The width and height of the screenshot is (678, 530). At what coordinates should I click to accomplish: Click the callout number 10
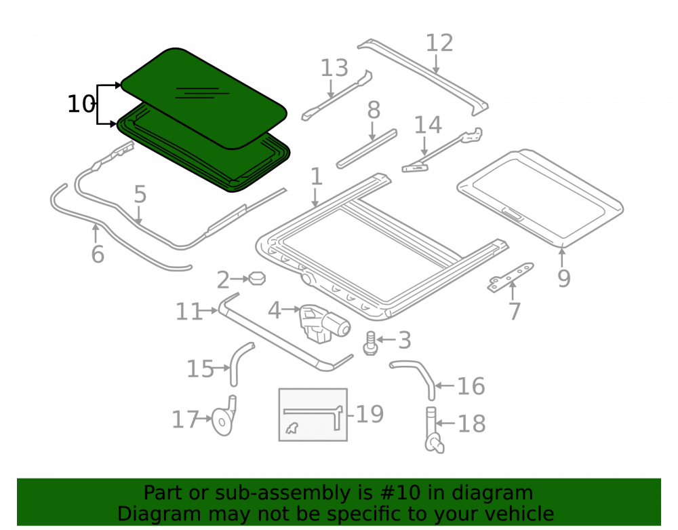[81, 105]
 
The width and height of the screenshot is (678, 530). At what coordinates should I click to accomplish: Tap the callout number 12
[439, 43]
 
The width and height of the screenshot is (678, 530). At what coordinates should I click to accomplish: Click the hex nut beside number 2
[257, 278]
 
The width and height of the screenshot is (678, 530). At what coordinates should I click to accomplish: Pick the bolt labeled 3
[370, 343]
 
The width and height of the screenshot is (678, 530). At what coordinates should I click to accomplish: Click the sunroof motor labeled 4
[324, 324]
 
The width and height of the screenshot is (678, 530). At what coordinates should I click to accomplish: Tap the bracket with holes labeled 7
[511, 277]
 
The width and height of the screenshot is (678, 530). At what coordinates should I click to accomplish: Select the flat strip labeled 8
[367, 149]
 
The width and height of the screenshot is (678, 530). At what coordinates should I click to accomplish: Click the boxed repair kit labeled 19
[313, 415]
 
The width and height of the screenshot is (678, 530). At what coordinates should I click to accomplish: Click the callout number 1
[317, 177]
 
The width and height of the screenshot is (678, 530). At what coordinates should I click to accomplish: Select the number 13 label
[334, 68]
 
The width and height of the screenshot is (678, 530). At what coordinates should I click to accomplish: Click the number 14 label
[428, 125]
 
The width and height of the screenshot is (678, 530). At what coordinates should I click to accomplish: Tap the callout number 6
[98, 254]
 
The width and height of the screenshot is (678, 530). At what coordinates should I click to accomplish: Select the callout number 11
[189, 311]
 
